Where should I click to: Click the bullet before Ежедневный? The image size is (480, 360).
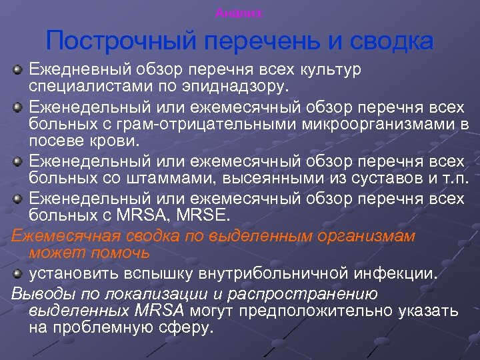pyautogui.click(x=19, y=69)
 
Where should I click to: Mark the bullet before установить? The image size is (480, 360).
pyautogui.click(x=19, y=273)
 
